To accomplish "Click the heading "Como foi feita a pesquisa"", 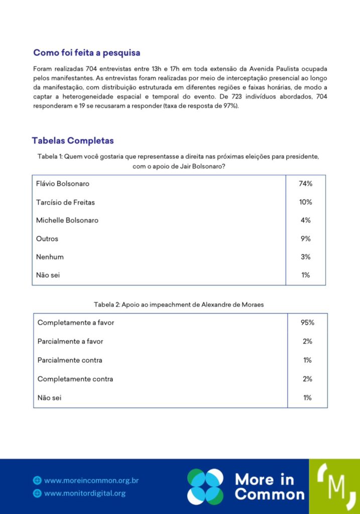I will coord(87,53).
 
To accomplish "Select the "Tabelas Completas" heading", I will coord(73,141).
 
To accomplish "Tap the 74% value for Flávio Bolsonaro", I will coord(305,184).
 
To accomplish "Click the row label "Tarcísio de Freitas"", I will coord(65,202).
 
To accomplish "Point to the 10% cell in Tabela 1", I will coord(305,202).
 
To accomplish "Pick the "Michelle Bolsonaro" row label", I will coord(67,220).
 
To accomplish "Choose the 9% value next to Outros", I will coord(305,239).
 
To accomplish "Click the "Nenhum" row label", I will coord(50,257).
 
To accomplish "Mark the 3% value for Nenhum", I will coord(305,257).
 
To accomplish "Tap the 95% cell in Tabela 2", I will coord(307,323).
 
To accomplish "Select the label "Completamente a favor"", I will coord(76,323).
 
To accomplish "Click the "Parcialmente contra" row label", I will coord(70,360).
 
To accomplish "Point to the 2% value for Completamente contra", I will coord(307,379).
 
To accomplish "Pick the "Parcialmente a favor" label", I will coord(70,341).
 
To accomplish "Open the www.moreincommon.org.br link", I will coord(91,480).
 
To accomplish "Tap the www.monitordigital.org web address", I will coord(85,493).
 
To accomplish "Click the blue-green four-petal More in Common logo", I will coord(205,486).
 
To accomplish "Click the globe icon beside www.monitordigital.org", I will coord(37,493).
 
